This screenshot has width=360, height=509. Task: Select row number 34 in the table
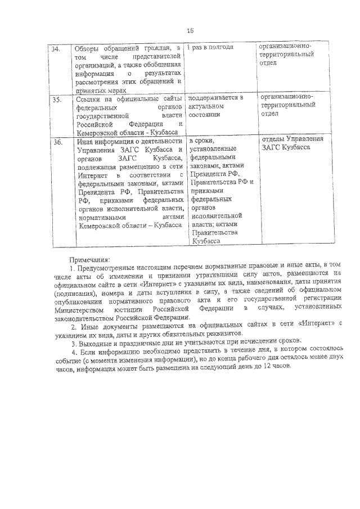[56, 49]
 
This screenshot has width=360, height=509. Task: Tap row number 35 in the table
[56, 100]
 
